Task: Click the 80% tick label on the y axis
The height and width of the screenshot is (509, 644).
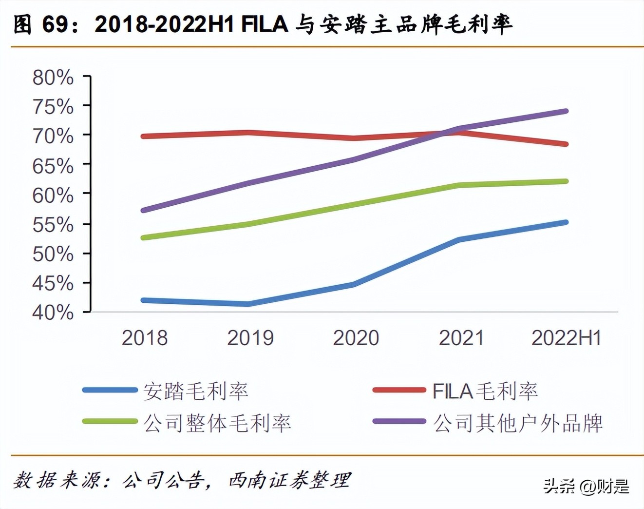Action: point(53,78)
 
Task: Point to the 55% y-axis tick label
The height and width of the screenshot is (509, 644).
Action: point(53,225)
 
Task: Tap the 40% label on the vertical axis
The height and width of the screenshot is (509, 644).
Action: point(53,313)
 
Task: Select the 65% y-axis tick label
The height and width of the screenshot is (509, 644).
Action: point(53,166)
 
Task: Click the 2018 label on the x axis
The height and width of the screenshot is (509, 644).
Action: point(144,338)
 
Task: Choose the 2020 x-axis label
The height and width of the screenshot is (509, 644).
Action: point(356,338)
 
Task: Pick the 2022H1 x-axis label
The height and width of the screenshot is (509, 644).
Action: point(566,338)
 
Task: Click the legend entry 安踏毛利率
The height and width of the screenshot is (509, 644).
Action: point(196,391)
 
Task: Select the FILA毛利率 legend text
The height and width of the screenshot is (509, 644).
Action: point(485,391)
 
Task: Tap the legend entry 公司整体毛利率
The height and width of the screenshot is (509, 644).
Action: point(217,423)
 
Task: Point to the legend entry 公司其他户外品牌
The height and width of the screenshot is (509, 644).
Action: point(518,423)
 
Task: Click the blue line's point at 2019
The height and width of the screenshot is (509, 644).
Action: point(248,304)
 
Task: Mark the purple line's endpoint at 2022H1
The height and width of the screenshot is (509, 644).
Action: point(566,111)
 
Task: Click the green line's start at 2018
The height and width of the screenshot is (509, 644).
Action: point(143,237)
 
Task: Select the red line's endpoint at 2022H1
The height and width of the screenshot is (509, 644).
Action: point(566,144)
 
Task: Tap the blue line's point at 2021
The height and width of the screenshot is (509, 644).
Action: point(459,239)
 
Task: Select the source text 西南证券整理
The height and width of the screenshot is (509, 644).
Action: point(289,480)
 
